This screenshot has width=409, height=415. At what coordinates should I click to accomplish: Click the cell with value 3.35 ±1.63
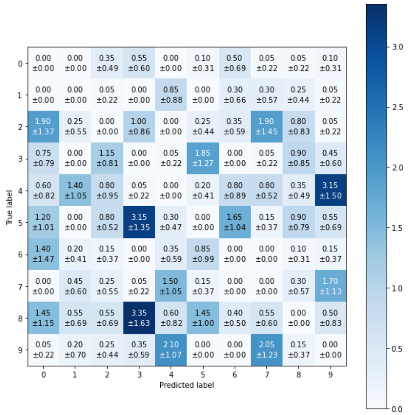pos(139,318)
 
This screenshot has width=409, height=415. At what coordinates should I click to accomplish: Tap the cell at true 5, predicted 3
pos(139,223)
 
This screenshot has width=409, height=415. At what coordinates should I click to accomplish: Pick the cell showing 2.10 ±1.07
pos(171,350)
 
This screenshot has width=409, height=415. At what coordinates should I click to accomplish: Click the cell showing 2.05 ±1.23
pos(266,350)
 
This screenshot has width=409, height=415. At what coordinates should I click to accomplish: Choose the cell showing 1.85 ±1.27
pos(203,159)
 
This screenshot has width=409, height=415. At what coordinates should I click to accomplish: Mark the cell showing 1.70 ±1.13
pos(330,286)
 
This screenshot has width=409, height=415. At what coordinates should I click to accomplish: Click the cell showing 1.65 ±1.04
pos(234,223)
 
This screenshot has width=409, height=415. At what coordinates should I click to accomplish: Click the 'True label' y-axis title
pos(9,206)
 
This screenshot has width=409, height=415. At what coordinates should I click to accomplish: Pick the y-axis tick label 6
pos(20,255)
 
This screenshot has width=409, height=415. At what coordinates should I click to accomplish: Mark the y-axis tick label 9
pos(20,350)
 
